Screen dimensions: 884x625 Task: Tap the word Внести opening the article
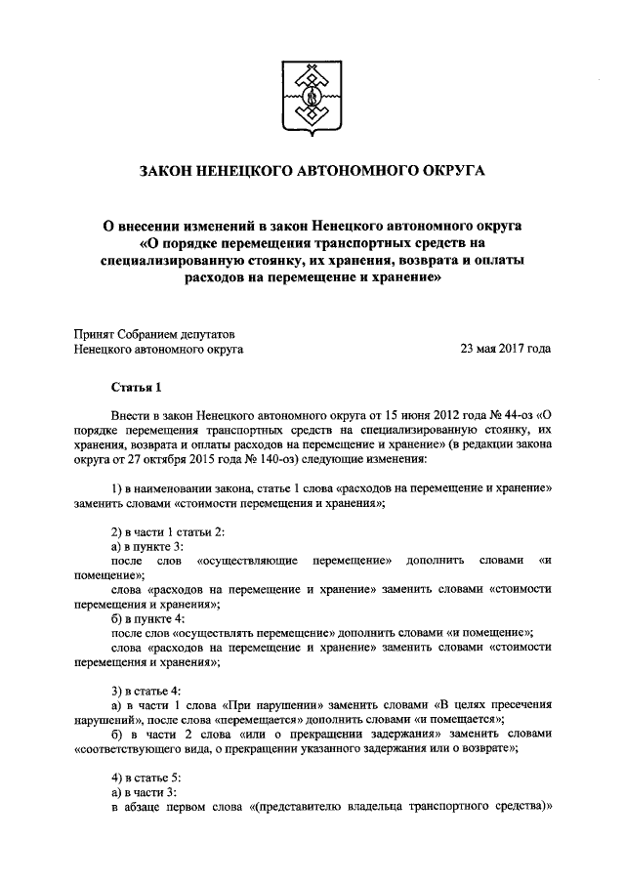[x=134, y=413]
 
